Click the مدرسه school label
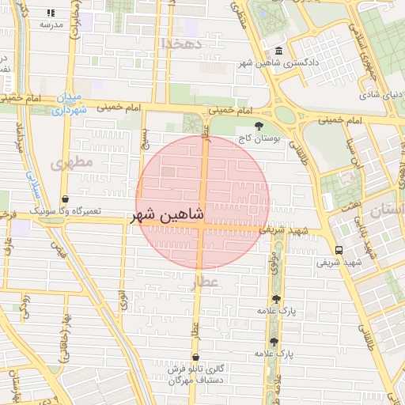pos(51,25)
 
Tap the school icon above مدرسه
pos(51,13)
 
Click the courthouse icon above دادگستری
pos(278,51)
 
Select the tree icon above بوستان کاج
pos(259,126)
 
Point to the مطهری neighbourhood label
pos(72,162)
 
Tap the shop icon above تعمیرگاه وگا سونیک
pos(64,199)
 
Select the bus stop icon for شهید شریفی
pos(341,250)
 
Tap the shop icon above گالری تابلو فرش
pos(195,357)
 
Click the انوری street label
pos(123,301)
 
